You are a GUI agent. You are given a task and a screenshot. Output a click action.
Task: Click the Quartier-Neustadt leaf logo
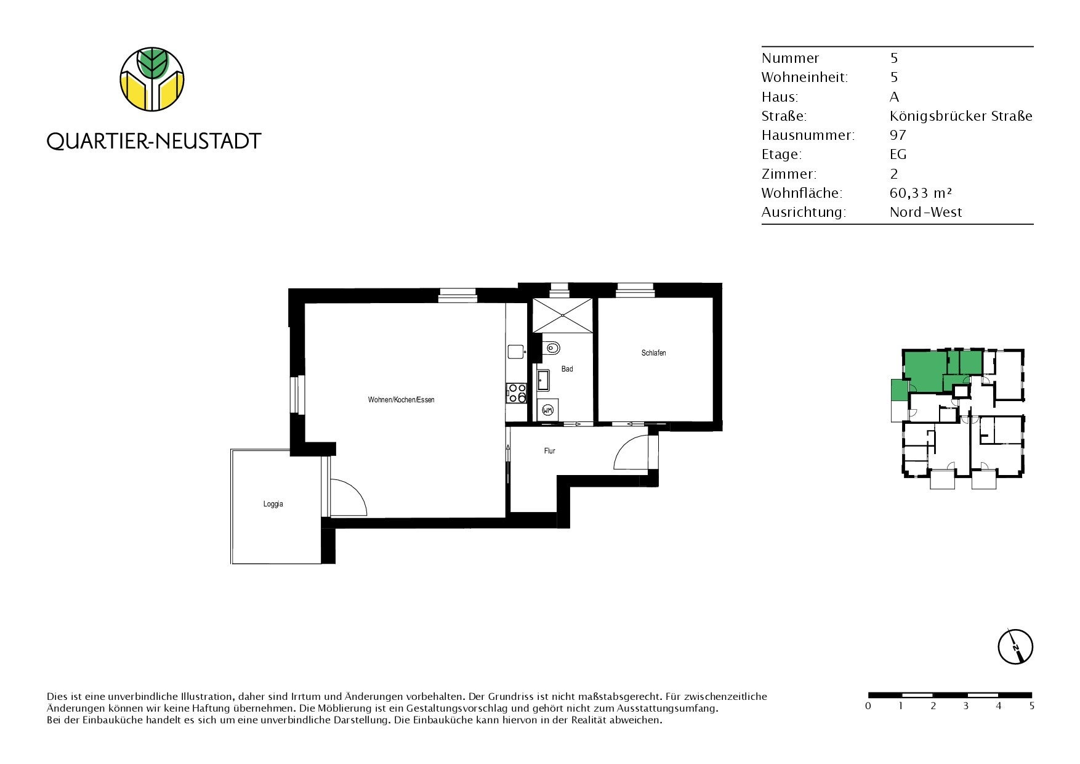coord(152,79)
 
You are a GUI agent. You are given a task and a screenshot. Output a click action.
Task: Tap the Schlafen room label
coord(653,353)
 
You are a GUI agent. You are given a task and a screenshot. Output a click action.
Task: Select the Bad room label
coord(567,369)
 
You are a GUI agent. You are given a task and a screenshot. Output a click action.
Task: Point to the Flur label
coord(550,451)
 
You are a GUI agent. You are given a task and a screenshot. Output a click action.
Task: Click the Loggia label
coord(273,504)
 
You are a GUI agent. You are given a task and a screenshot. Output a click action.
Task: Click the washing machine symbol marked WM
coord(547,408)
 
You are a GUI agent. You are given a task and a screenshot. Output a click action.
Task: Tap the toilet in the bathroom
coord(551,349)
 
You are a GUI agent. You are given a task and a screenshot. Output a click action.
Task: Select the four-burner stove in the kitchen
coord(517,393)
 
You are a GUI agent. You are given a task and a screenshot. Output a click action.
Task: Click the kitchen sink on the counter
coord(516,352)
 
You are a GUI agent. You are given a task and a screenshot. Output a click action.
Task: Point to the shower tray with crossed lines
coord(563,315)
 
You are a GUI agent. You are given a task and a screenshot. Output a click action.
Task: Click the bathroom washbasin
coord(544,381)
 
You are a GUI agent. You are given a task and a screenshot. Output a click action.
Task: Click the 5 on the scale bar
coord(1031,706)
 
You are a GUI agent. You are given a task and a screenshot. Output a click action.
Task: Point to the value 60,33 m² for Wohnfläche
coord(921,193)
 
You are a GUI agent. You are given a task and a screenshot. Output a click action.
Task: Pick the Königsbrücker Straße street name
coord(961,116)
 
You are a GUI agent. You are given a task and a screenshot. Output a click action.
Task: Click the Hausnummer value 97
coord(898,135)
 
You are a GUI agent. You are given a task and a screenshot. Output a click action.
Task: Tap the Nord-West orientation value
coord(926,212)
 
